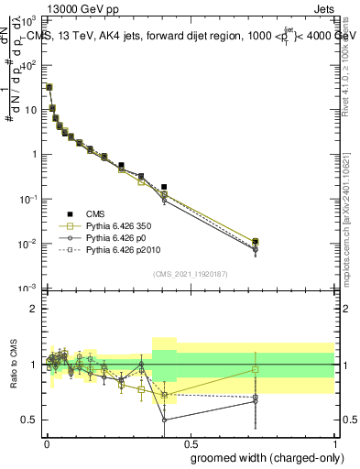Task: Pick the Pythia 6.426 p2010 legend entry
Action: click(119, 249)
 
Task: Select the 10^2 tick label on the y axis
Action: click(28, 65)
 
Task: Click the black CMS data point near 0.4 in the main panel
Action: click(164, 187)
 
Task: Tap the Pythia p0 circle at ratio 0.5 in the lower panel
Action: click(164, 420)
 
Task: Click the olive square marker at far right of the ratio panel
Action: click(256, 369)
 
